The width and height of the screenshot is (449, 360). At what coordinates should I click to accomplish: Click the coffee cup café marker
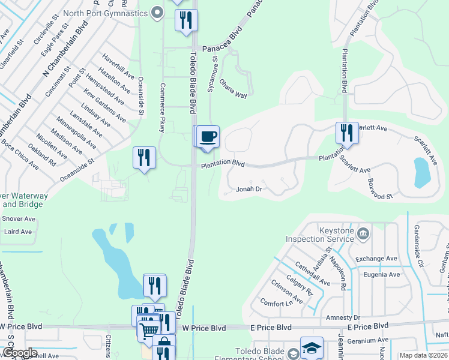pos(208,137)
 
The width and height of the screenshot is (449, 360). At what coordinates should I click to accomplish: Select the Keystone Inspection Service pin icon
pos(362,233)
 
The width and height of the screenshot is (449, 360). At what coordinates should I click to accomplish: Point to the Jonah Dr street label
pos(249,189)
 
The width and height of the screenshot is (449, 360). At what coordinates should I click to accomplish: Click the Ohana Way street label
pos(233,88)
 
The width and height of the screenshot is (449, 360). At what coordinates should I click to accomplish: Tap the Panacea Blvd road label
pos(221,48)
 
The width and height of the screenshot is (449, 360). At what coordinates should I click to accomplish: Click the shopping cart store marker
pos(149,329)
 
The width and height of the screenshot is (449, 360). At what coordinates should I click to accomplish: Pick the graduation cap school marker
pos(312,348)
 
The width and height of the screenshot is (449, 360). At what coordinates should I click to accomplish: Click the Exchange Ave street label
pos(376,259)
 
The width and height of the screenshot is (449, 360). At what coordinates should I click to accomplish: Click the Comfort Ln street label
pos(280,304)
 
